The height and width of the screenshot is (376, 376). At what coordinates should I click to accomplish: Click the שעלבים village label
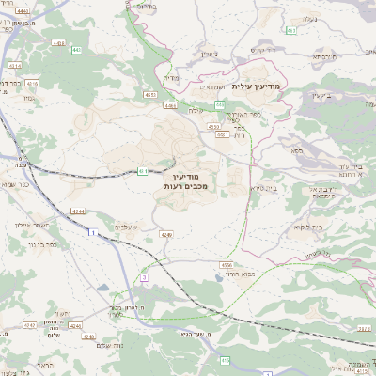click(x=127, y=227)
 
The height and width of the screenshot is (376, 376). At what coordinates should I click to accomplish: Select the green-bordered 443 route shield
click(x=76, y=50)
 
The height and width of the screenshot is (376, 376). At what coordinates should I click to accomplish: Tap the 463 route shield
click(x=291, y=30)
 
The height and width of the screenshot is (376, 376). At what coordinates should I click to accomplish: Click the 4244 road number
click(x=78, y=212)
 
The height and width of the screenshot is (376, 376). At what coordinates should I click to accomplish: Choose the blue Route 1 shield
click(x=91, y=232)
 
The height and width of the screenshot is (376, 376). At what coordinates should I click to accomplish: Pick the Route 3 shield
click(x=144, y=277)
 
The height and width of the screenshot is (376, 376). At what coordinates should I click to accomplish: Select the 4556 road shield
click(x=227, y=266)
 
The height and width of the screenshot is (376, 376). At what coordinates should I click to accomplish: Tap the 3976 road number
click(x=363, y=327)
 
